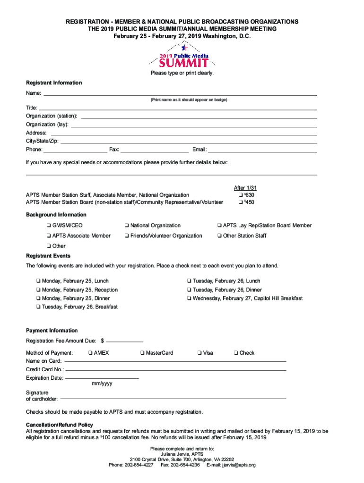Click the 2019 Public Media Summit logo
pos(182,56)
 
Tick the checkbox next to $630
pos(241,195)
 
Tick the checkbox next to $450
pos(241,202)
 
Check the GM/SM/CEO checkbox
pos(48,225)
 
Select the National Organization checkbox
pos(127,225)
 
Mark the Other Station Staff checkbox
pos(219,236)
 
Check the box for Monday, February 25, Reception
pos(38,290)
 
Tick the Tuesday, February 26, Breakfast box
pos(38,307)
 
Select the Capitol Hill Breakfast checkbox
pos(189,299)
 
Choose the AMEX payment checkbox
pos(90,353)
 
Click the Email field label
pos(199,150)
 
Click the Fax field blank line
pos(155,150)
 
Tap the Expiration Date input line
pos(102,378)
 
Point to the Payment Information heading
pos(52,331)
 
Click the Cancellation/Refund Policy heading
pos(60,425)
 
